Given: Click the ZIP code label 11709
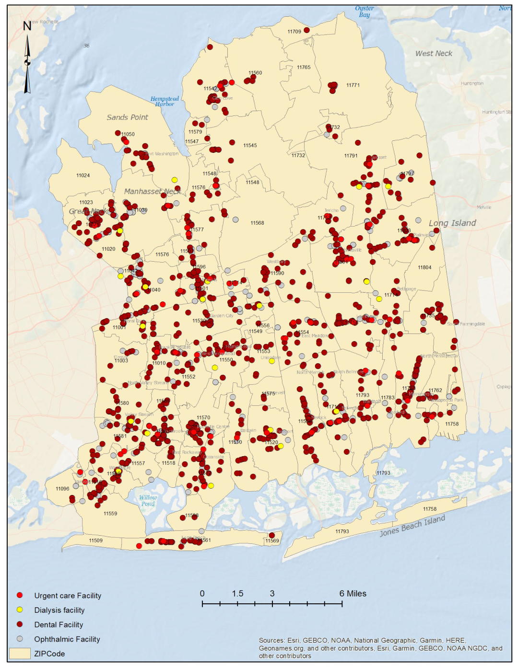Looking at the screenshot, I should pos(294,32).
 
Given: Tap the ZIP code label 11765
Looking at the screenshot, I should pos(303,68).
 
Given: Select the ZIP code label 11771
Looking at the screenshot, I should pos(353,85).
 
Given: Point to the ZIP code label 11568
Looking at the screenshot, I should pos(257,223).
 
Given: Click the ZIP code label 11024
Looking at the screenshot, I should pos(83,175).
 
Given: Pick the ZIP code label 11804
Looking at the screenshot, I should pos(424,267).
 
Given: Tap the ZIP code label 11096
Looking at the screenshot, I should pos(62,489).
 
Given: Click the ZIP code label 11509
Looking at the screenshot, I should pos(95,540).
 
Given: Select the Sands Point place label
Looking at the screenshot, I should pos(127,117).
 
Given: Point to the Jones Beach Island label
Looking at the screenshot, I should pos(412,526).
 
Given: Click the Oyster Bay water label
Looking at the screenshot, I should pos(365,11).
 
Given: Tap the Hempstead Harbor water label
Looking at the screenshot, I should pos(165,101).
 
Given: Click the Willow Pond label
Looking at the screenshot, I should pos(148,501).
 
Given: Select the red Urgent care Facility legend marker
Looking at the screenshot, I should pos(20,595).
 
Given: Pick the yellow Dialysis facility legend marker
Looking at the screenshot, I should pos(20,609).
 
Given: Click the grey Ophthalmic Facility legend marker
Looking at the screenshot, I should pos(20,639).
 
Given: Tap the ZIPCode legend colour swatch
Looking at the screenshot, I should pos(20,654).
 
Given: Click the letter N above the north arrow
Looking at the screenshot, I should pos(27,26).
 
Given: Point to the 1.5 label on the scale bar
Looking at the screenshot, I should pos(237,593).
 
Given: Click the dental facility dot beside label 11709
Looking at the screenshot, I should pos(307,30).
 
